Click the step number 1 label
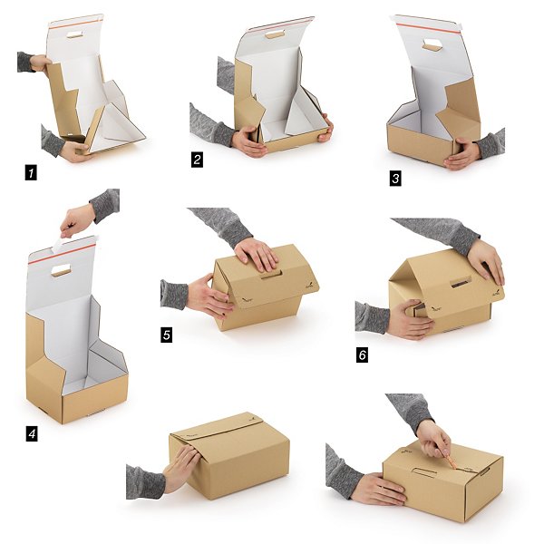pyautogui.click(x=31, y=173)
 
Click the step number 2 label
pyautogui.click(x=197, y=160)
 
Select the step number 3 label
pyautogui.click(x=395, y=179)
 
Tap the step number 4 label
pyautogui.click(x=32, y=434)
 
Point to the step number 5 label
pyautogui.click(x=167, y=335)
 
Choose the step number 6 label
pyautogui.click(x=362, y=355)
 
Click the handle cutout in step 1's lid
pyautogui.click(x=74, y=34)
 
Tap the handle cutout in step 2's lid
pyautogui.click(x=275, y=34)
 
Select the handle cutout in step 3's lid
pyautogui.click(x=432, y=46)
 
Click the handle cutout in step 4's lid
pyautogui.click(x=61, y=270)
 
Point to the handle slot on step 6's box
pyautogui.click(x=461, y=282)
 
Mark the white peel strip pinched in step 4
pyautogui.click(x=58, y=244)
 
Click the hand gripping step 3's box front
pyautogui.click(x=462, y=153)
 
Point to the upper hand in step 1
pyautogui.click(x=41, y=63)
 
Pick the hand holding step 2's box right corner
pyautogui.click(x=326, y=128)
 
